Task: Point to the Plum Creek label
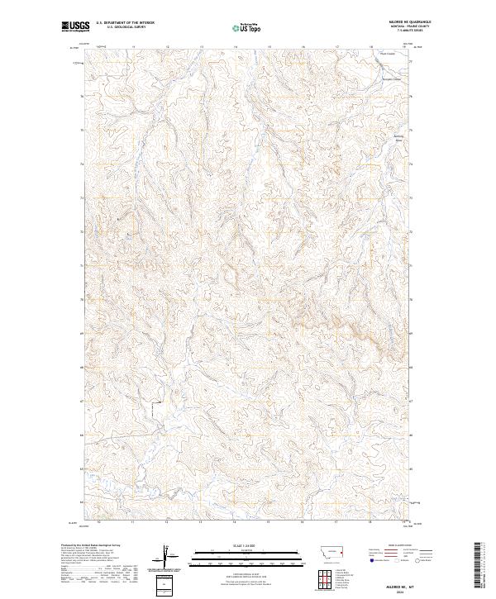tap(388, 54)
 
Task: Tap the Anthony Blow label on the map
tap(400, 137)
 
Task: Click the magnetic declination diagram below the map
tap(171, 558)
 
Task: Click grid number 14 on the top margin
tap(236, 47)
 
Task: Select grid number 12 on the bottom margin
tap(168, 522)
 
